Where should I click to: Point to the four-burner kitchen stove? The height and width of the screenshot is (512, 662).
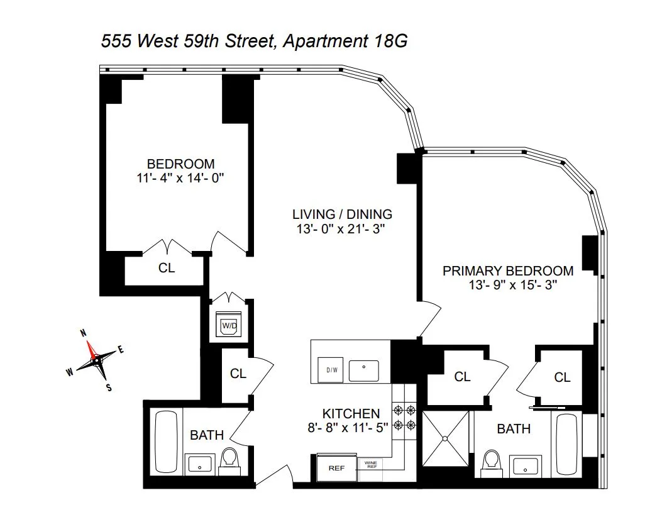tap(405, 418)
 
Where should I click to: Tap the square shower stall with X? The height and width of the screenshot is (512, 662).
tap(446, 439)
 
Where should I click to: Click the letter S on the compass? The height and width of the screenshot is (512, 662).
tap(109, 387)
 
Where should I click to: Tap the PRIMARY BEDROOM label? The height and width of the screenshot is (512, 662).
tap(508, 271)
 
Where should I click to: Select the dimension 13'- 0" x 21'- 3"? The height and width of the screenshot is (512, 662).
tap(340, 229)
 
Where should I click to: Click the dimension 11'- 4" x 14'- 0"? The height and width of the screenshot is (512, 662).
tap(180, 178)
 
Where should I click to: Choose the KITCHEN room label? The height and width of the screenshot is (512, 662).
tap(351, 413)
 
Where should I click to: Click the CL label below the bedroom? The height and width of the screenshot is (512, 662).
tap(166, 268)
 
